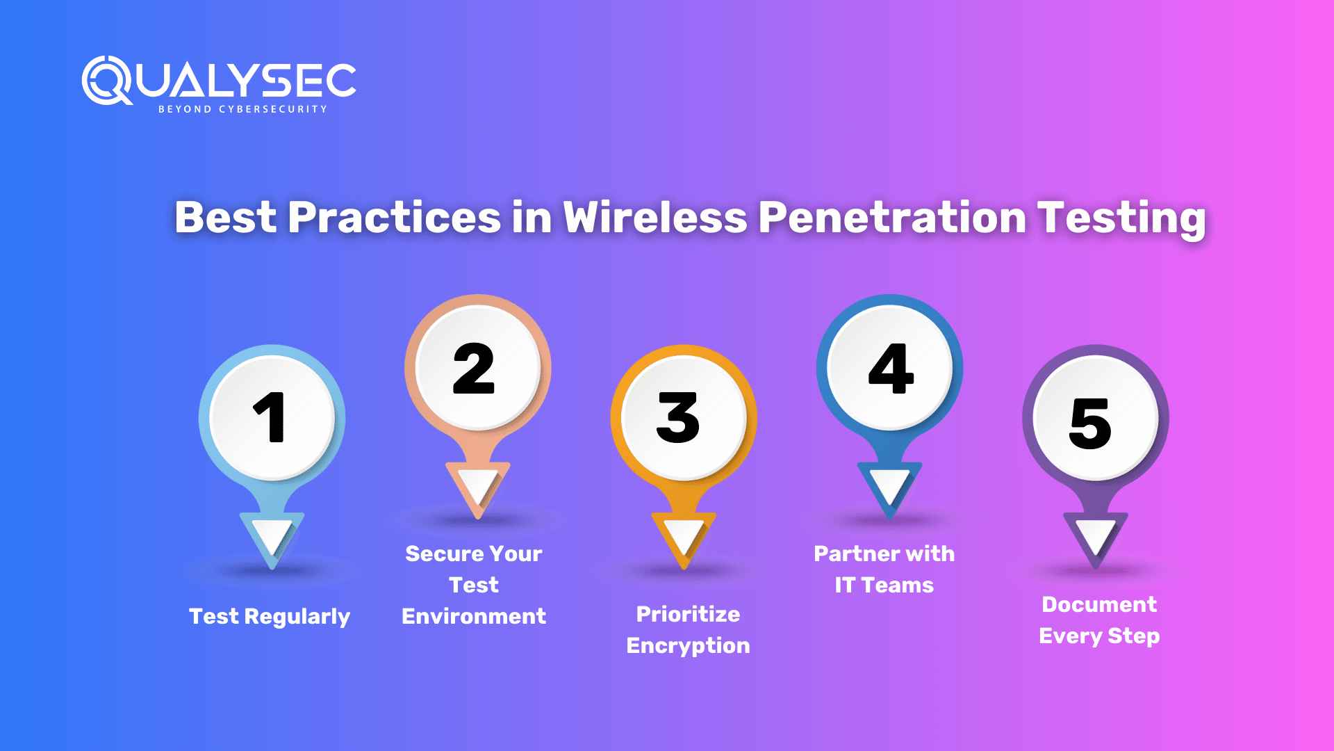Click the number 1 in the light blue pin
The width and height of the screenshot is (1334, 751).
click(270, 417)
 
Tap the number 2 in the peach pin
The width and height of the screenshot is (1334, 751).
click(474, 369)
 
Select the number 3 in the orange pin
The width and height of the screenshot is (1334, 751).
click(678, 417)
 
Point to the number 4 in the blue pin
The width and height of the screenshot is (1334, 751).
click(890, 369)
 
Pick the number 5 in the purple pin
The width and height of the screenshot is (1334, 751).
click(1090, 422)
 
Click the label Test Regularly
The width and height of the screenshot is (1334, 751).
click(270, 617)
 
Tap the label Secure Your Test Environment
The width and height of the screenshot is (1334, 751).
click(474, 585)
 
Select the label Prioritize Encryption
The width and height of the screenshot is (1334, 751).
click(688, 630)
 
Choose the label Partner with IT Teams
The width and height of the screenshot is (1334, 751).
click(884, 570)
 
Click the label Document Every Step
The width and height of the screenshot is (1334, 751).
click(1099, 620)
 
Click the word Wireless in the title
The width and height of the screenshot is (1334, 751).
click(654, 218)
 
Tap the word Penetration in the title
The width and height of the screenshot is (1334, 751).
click(891, 218)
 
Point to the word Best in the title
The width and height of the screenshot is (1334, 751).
click(226, 218)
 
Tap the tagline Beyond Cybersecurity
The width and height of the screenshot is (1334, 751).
click(242, 109)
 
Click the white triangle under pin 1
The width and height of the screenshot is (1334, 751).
click(272, 536)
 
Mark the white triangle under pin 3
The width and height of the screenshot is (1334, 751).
click(684, 536)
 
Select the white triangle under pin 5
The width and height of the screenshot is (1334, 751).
click(1096, 536)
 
